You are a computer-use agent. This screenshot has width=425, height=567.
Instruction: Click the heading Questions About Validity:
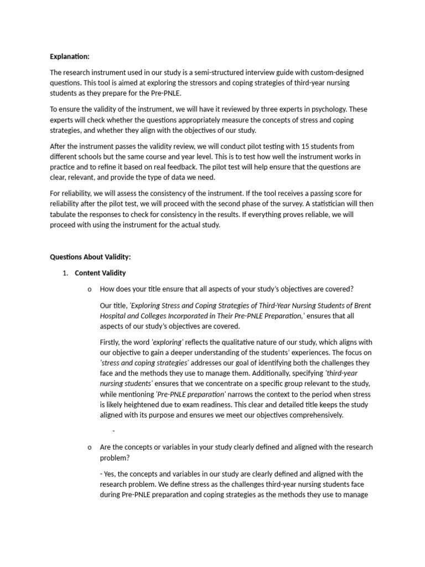90,257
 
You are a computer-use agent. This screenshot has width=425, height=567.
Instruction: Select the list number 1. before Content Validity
65,273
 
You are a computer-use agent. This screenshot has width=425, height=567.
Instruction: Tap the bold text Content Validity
100,273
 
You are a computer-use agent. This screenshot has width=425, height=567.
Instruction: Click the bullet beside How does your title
89,289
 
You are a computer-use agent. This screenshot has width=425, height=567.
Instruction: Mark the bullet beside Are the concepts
89,447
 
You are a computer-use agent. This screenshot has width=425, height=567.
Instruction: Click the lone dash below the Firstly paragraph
113,431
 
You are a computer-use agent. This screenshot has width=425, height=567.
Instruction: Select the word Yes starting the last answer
110,474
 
